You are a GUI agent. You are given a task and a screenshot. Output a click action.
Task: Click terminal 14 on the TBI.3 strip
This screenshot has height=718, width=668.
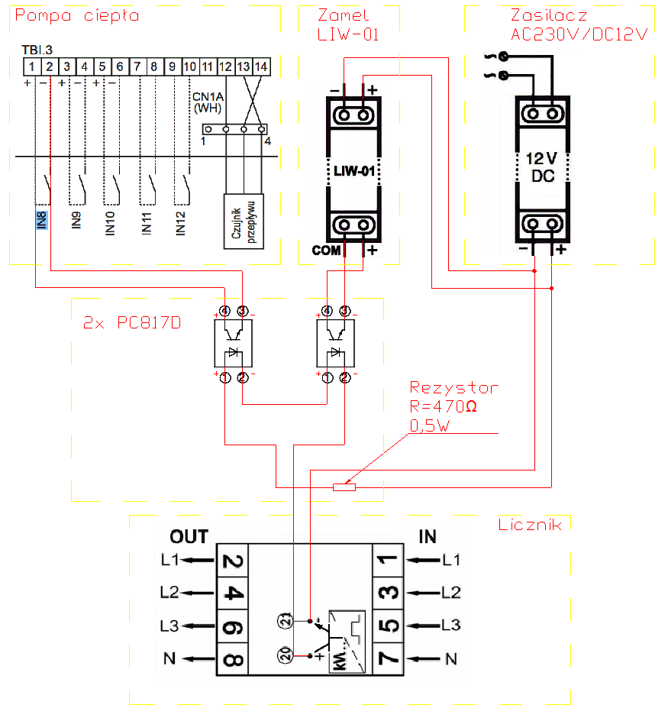[261, 67]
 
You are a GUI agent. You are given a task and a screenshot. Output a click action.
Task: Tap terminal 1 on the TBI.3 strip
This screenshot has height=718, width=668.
[32, 67]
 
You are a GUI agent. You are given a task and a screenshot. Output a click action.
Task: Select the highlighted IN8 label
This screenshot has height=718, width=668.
[42, 220]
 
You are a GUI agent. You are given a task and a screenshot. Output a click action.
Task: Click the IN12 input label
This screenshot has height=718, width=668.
[181, 224]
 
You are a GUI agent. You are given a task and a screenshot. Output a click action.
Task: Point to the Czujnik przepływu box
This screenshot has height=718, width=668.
[244, 222]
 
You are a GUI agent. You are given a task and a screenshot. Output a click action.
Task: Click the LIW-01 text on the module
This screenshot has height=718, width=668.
[354, 171]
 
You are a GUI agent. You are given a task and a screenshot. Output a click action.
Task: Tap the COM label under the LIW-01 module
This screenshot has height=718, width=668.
[326, 251]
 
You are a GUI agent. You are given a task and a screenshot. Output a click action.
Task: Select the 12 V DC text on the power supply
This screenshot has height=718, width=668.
[543, 167]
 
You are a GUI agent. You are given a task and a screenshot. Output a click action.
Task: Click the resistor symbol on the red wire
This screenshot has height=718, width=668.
[344, 487]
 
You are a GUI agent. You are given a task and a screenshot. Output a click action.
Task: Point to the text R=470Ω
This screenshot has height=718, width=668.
[444, 406]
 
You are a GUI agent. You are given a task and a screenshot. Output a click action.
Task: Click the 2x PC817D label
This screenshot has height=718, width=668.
[132, 323]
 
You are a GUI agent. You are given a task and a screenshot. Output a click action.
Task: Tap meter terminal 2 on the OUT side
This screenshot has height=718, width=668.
[232, 561]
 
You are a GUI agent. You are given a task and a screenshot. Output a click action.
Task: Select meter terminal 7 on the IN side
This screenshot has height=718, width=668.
[389, 658]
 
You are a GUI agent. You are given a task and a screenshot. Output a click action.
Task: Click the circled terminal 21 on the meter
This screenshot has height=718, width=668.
[285, 621]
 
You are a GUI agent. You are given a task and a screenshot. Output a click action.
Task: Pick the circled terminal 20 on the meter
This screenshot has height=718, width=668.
[285, 655]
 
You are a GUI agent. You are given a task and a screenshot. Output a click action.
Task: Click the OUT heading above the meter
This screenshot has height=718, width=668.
[189, 537]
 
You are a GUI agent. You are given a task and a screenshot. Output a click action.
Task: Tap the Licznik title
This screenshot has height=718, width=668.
[530, 525]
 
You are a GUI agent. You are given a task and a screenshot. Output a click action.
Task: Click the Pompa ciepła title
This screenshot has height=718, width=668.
[77, 16]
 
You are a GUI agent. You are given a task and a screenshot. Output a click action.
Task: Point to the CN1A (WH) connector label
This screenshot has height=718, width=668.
[208, 102]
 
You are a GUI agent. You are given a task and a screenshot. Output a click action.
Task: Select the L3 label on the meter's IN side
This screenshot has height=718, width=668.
[450, 625]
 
